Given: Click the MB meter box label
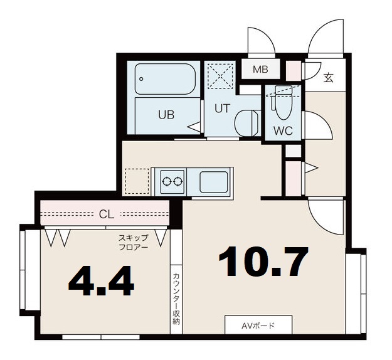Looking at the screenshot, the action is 260,69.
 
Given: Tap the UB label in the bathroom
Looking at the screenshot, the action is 166,115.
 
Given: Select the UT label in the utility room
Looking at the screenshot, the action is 222,109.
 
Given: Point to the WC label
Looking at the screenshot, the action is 283,130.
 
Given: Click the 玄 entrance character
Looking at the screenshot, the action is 329,78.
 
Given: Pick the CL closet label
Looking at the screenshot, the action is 107,214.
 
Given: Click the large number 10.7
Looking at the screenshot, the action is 263,262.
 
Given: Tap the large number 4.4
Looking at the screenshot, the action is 101,281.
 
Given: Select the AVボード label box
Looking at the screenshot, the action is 258,325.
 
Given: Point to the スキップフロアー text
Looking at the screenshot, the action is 133,242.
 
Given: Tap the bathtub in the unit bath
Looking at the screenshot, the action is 165,79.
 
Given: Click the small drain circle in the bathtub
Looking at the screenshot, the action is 141,79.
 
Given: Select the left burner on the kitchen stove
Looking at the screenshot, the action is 166,181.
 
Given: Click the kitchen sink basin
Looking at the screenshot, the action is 214,182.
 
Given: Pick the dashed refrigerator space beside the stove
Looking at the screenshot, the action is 137,181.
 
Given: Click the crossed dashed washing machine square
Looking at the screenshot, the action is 220,76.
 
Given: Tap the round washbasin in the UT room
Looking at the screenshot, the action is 246,124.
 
